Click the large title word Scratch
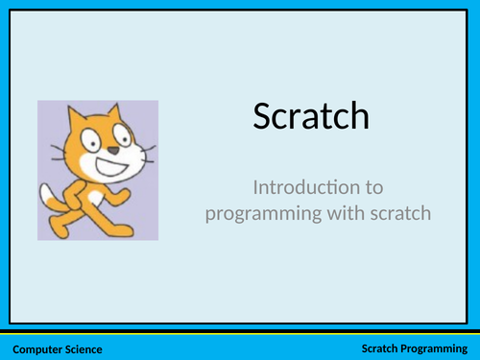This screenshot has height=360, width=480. (x=311, y=116)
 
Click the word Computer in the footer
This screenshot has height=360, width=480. (x=39, y=348)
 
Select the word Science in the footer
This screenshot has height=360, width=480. (x=84, y=348)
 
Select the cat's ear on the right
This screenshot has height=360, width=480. (x=122, y=114)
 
